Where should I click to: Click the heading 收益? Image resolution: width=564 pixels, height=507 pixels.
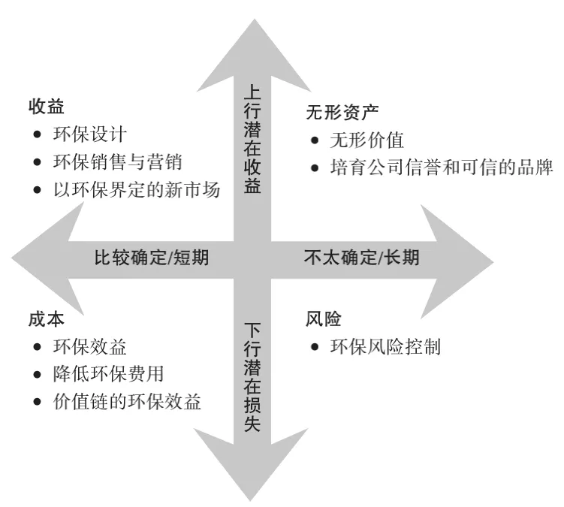point(47,107)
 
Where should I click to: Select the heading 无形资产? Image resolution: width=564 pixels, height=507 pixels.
point(342,112)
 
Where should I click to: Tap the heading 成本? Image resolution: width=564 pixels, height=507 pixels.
point(47,319)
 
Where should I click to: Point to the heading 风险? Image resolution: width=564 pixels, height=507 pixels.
point(324,318)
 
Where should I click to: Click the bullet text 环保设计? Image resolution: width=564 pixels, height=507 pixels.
point(90,134)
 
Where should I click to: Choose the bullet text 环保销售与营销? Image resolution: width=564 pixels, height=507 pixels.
point(118,162)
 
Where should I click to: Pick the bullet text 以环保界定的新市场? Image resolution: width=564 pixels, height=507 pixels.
point(137,189)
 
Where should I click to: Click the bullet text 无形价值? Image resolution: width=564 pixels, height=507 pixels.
point(367,140)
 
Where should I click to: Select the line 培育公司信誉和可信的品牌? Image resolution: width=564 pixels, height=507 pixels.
point(442,167)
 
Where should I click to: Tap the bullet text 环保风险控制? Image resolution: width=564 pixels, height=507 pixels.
point(385,347)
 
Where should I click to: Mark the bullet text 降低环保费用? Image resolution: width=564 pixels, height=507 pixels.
point(109,374)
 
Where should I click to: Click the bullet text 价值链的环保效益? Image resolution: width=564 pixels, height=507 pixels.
point(127,402)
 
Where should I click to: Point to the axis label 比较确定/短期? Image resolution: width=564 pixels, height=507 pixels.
point(152,258)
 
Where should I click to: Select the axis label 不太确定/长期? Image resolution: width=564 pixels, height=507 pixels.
point(362,258)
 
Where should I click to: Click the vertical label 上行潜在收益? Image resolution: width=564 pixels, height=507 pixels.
point(252,139)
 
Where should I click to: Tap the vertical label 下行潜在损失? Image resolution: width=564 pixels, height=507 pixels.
point(252,377)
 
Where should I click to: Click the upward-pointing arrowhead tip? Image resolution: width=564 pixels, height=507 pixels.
point(255,19)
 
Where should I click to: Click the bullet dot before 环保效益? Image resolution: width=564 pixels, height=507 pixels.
point(37,347)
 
